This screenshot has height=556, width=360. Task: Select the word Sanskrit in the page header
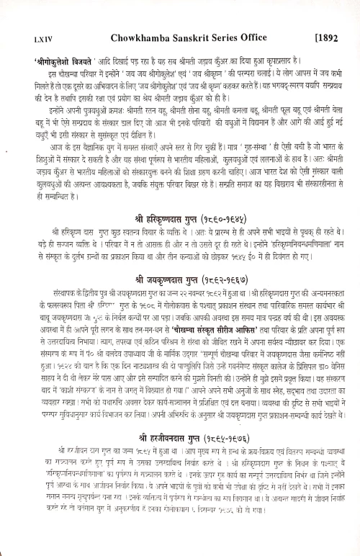pyautogui.click(x=184, y=34)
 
